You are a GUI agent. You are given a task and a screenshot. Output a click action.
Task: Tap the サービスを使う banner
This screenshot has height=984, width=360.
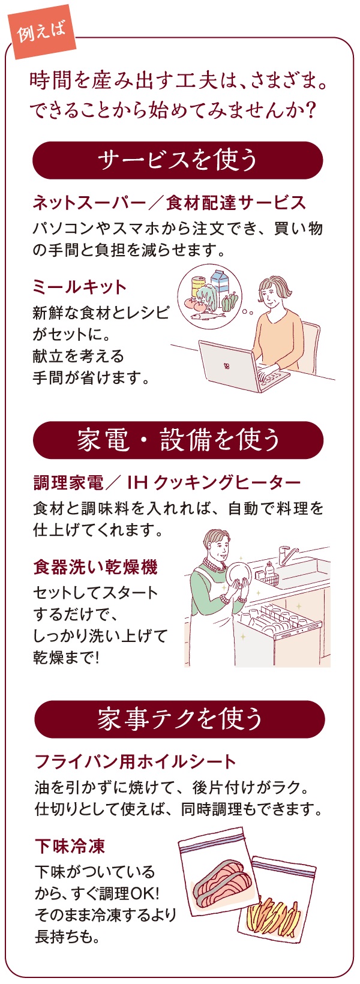click(x=178, y=160)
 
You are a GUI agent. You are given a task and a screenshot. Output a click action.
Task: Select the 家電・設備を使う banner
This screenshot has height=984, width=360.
click(x=178, y=440)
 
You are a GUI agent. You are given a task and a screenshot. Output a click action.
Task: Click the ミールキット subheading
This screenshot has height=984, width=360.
click(x=79, y=287)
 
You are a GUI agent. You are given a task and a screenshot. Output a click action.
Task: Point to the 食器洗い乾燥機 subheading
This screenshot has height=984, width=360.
click(x=95, y=567)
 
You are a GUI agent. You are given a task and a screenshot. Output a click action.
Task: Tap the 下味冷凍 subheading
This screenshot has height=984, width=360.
click(x=70, y=846)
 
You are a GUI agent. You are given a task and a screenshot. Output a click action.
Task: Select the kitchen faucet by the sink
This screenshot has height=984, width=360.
click(x=287, y=555)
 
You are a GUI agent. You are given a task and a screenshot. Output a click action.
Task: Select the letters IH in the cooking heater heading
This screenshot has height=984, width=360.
click(x=137, y=483)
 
